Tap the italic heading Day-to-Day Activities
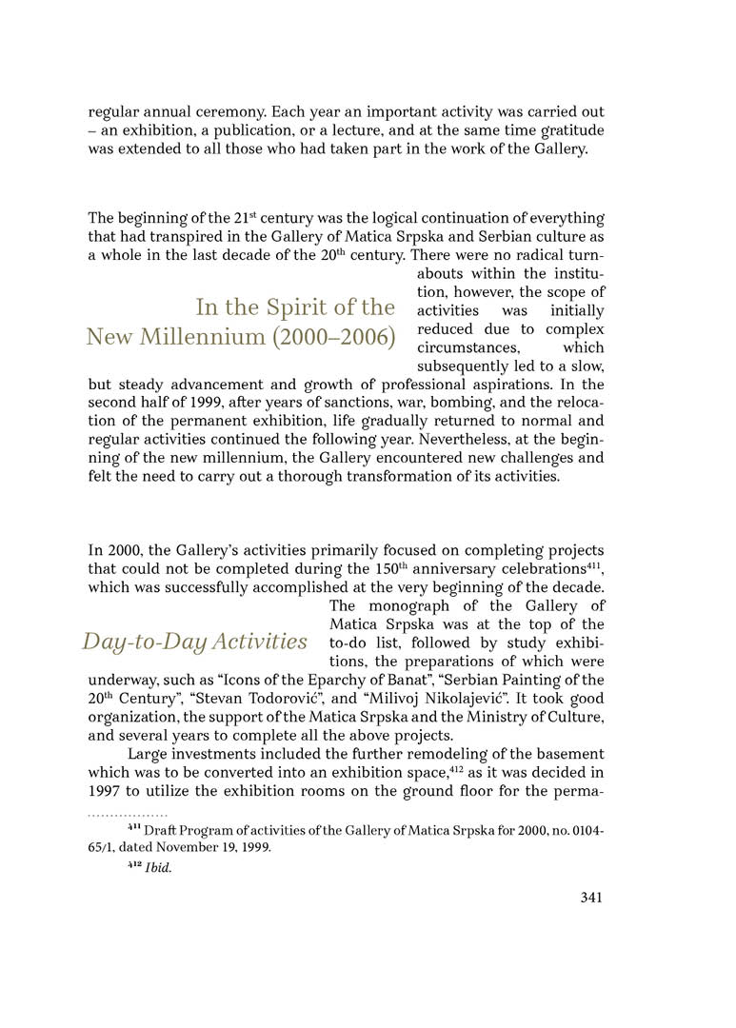coord(194,642)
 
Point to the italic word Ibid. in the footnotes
coord(158,868)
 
